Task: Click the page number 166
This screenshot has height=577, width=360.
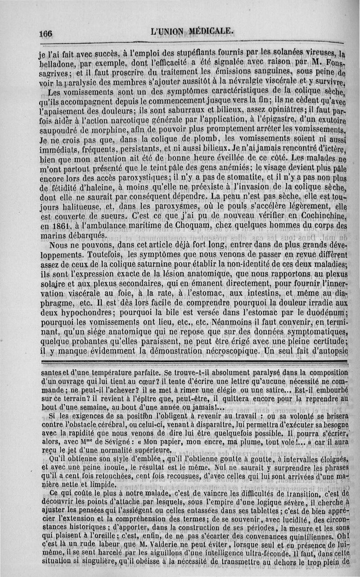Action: [x=46, y=34]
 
